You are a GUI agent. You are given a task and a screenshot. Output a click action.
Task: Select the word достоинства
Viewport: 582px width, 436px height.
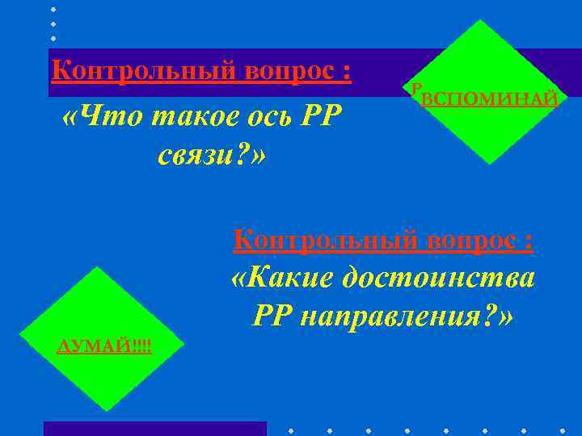pos(438,279)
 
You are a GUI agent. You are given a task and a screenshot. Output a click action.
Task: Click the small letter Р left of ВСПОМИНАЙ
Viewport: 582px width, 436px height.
pos(415,91)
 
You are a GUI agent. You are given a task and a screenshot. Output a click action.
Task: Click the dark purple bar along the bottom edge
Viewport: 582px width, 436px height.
pos(154,429)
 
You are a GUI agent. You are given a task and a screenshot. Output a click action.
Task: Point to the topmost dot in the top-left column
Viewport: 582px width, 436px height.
pos(54,10)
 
